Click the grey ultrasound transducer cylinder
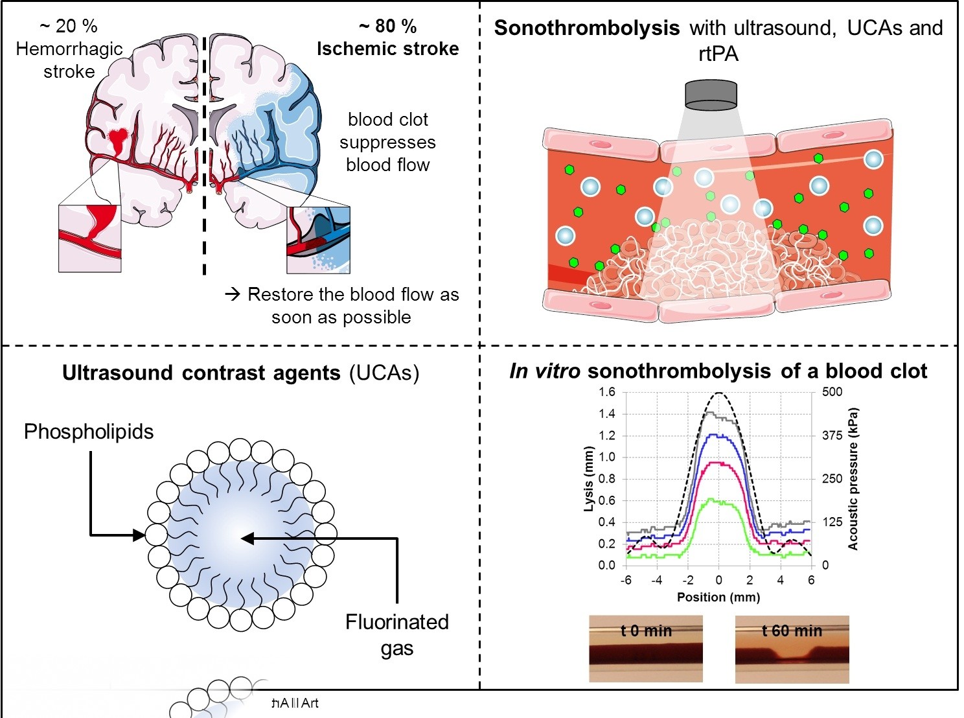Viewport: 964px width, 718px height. (711, 95)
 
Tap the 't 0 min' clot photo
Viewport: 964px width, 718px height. (645, 649)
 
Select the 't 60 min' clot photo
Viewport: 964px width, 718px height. (792, 649)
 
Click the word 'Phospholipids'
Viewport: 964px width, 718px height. (89, 432)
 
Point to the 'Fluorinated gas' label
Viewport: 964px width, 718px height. (396, 634)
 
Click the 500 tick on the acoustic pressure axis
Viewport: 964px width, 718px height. (832, 391)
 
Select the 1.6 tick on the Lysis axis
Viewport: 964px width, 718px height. (606, 391)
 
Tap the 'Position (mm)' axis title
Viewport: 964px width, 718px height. (718, 597)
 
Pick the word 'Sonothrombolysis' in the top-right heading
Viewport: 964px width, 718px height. (586, 29)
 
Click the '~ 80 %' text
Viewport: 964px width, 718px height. (387, 26)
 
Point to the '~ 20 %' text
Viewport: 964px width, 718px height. (69, 26)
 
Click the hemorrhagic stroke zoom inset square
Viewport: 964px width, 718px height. (89, 238)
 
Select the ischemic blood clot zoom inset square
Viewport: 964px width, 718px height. (318, 240)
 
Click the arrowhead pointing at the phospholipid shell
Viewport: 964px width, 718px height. (139, 535)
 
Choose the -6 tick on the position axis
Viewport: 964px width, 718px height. (626, 580)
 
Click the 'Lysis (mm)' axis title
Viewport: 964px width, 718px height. (588, 479)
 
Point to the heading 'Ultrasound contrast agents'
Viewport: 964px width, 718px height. (201, 373)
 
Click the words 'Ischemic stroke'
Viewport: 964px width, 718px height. (387, 49)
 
